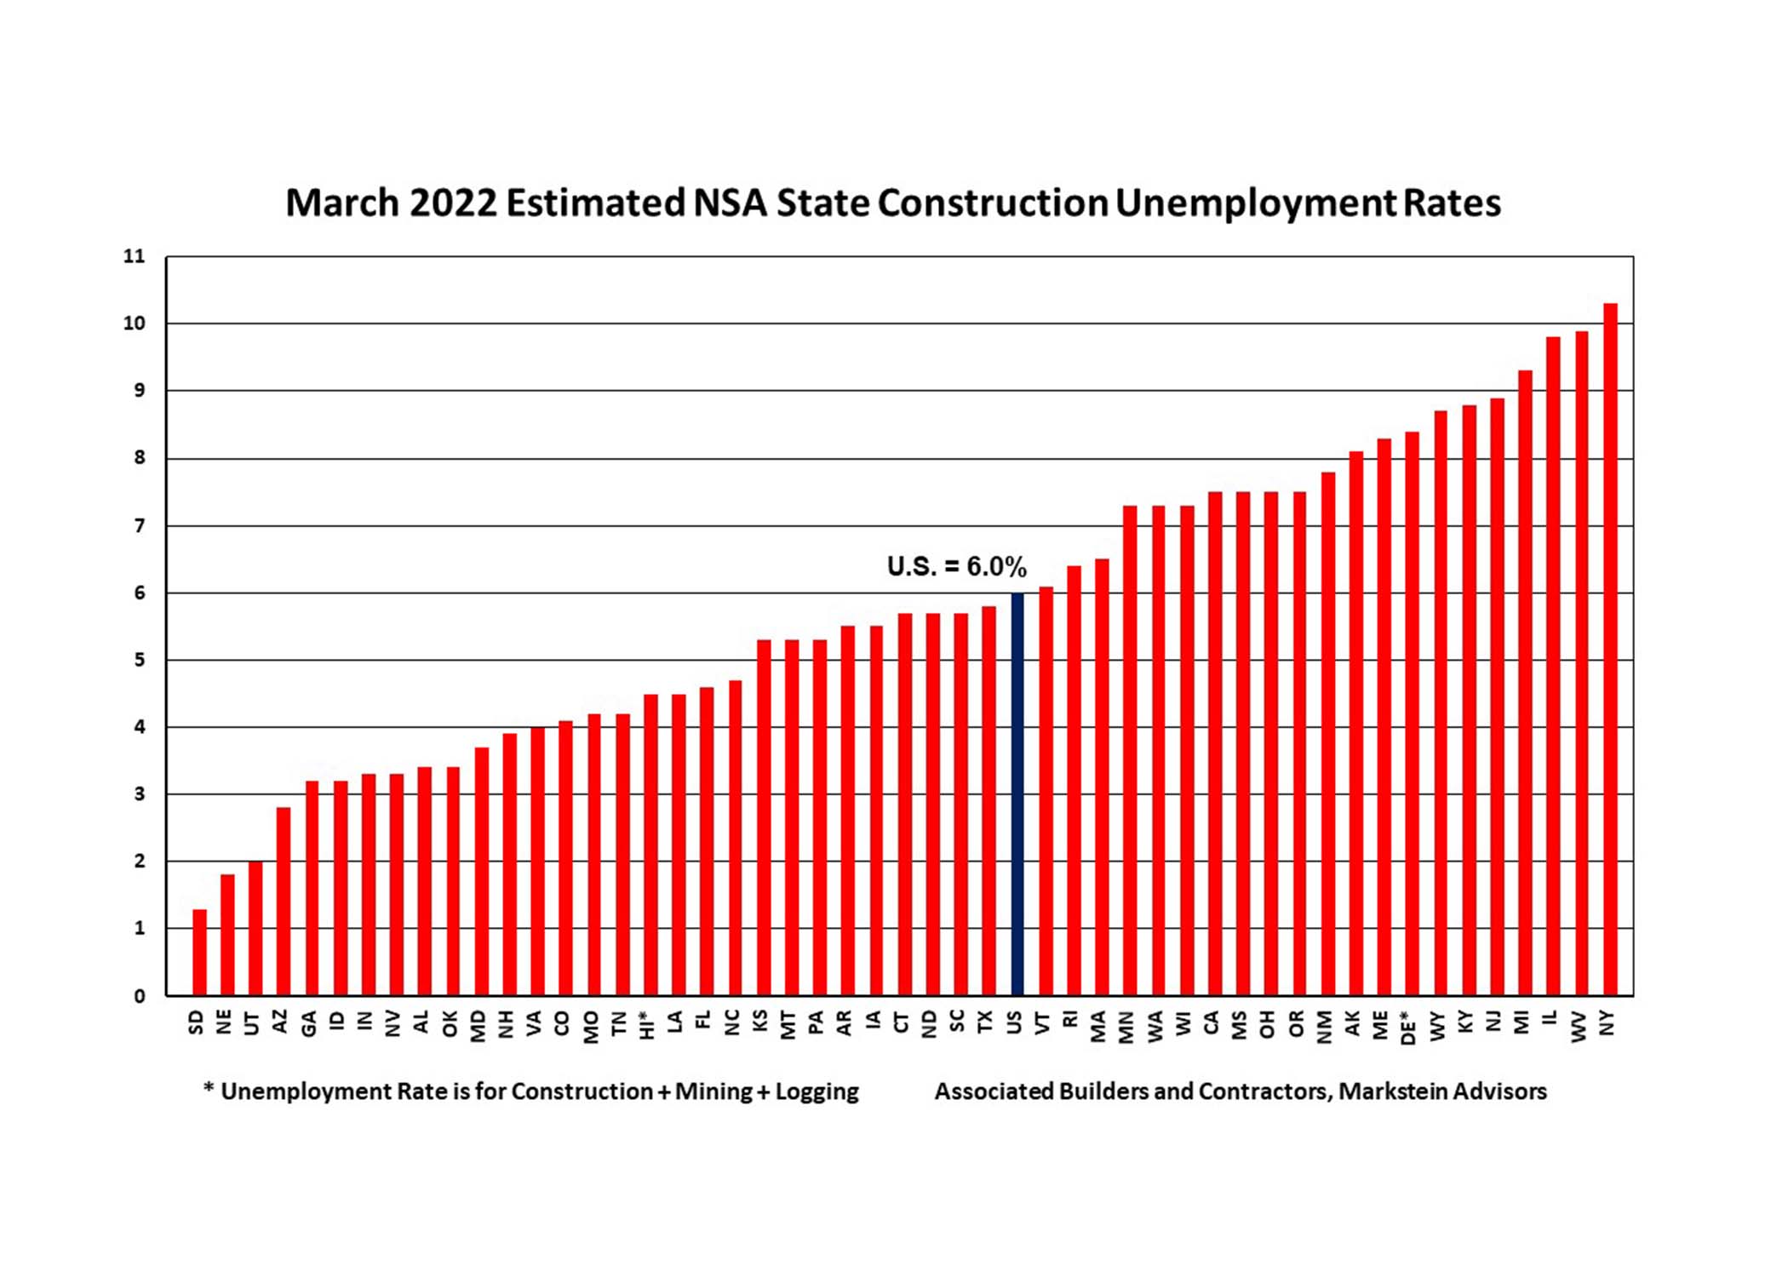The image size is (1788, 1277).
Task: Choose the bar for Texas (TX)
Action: [989, 800]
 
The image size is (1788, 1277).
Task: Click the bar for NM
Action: [1327, 733]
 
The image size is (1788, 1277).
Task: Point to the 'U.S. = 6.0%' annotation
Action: [956, 566]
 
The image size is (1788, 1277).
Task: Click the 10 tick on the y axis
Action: [135, 324]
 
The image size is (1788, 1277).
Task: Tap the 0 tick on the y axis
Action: [140, 996]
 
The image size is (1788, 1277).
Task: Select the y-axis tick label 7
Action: [140, 526]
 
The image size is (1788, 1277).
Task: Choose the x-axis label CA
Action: [1212, 1022]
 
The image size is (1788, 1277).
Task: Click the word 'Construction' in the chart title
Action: [993, 203]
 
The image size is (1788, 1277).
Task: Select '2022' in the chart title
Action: [453, 203]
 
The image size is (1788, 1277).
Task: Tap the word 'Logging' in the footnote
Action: [817, 1092]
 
